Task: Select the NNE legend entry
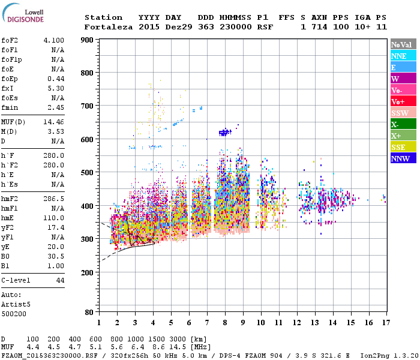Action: tap(403, 56)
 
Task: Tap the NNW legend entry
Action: tap(403, 158)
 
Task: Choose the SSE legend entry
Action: tap(403, 147)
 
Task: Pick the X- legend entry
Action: tap(403, 124)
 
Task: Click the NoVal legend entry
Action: tap(403, 44)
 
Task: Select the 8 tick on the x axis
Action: tap(225, 322)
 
